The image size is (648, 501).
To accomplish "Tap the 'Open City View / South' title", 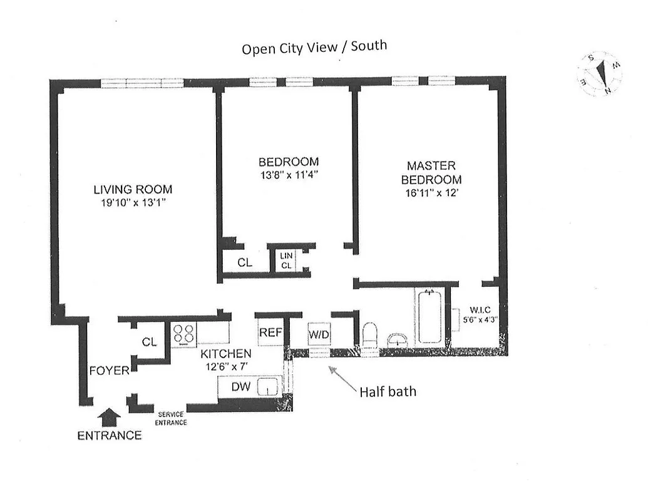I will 314,47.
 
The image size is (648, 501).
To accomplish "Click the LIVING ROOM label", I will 133,189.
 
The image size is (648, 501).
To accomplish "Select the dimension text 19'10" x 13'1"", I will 133,202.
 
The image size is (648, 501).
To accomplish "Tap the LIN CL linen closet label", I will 286,261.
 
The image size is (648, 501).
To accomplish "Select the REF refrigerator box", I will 270,333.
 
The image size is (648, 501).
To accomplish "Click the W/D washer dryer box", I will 319,334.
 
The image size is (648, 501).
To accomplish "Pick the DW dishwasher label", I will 240,387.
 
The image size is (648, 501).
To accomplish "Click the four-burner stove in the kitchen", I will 182,333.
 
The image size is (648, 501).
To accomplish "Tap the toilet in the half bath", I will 369,334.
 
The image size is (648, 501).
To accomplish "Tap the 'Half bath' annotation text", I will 388,392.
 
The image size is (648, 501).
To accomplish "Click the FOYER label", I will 109,371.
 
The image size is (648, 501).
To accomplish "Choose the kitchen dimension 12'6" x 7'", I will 227,366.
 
